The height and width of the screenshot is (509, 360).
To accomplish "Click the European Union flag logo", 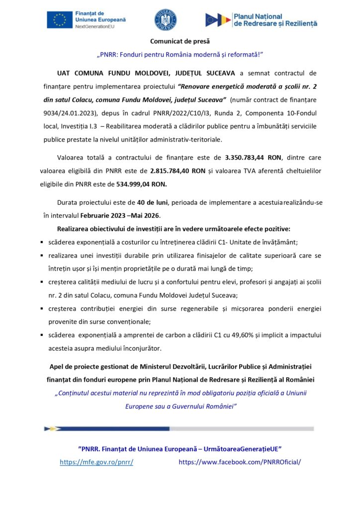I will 60,19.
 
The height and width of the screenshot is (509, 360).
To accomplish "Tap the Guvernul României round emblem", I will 165,19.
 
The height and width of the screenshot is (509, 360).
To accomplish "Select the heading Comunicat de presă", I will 180,41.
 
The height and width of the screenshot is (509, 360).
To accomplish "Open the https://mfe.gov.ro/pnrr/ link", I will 96,461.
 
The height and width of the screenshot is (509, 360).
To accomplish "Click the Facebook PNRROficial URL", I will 240,461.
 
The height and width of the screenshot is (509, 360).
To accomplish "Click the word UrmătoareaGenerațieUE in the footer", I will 239,448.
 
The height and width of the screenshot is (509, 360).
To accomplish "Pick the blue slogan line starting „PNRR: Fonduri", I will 180,54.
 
